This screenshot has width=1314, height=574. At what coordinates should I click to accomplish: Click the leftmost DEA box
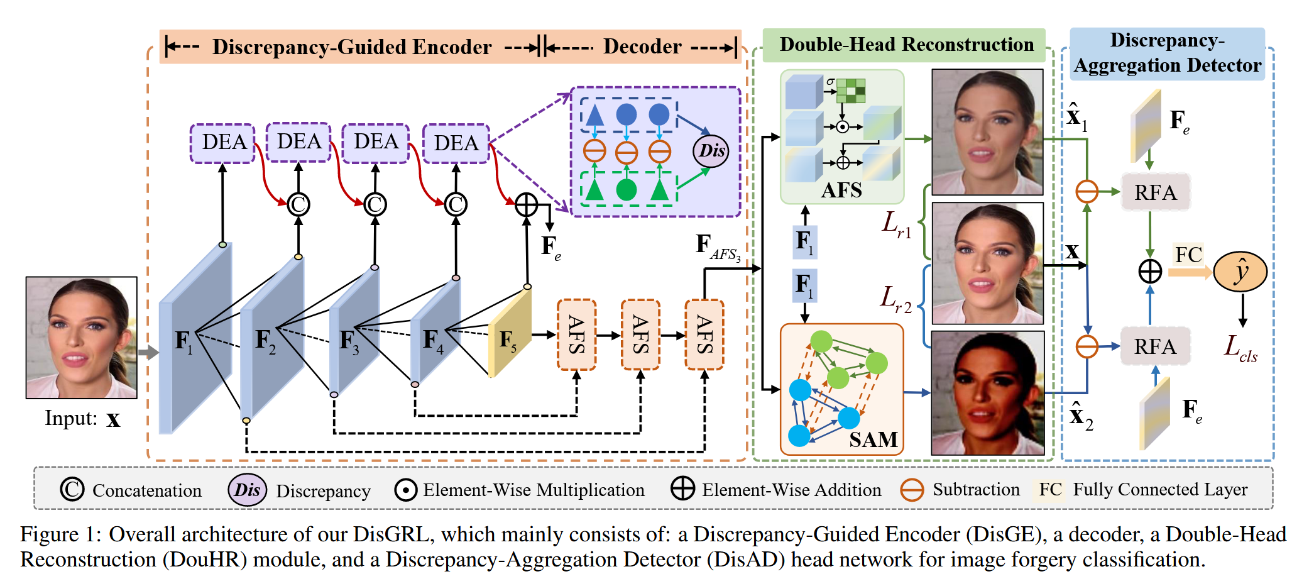click(x=222, y=143)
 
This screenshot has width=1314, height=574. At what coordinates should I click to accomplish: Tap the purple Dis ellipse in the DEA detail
click(x=711, y=151)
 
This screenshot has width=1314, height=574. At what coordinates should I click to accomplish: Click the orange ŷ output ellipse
click(x=1240, y=272)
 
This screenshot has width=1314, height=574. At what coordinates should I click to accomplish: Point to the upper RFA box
click(x=1155, y=192)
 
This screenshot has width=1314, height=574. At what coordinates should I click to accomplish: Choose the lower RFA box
click(x=1155, y=346)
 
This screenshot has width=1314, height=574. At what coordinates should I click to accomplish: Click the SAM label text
click(x=873, y=439)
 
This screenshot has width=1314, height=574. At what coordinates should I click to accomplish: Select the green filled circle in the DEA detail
click(x=626, y=189)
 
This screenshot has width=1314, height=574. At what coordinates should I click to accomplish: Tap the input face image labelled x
click(x=82, y=338)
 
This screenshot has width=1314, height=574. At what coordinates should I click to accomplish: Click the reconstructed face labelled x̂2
click(x=987, y=393)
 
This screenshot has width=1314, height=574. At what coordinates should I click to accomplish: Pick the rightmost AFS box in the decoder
click(x=704, y=334)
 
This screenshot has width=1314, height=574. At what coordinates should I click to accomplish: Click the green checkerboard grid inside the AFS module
click(x=851, y=91)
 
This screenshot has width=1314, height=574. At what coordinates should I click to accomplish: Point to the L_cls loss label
click(x=1240, y=348)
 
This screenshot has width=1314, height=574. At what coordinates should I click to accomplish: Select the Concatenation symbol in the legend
click(x=72, y=489)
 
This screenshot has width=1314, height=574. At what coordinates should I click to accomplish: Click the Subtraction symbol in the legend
click(x=912, y=490)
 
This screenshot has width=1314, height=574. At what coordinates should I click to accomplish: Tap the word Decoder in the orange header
click(x=642, y=47)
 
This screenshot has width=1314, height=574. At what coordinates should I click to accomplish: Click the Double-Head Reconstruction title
click(x=906, y=45)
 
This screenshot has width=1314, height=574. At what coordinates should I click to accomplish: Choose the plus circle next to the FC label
click(x=1150, y=272)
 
